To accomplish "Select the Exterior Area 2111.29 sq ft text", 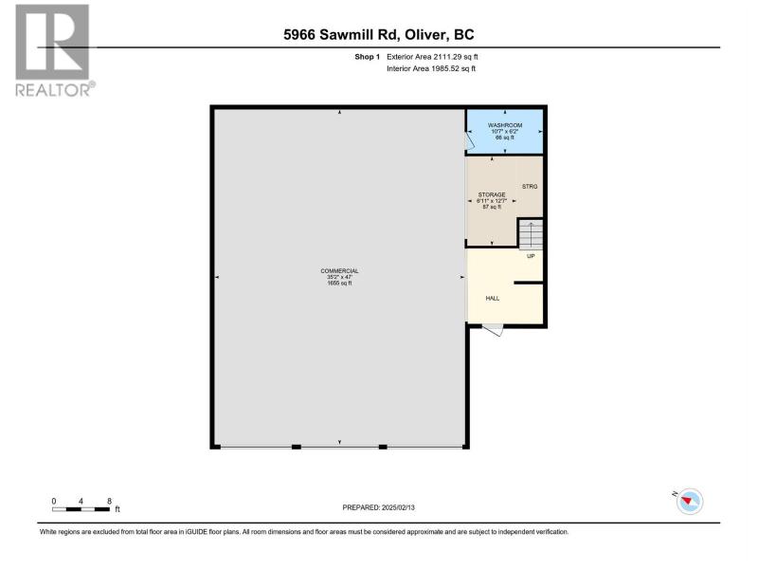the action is [432, 57].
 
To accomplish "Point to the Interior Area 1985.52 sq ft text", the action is [431, 68].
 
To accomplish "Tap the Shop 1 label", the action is [368, 57].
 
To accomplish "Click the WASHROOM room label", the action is [505, 125].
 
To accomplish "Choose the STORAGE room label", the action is [492, 194].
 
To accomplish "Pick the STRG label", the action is [530, 186].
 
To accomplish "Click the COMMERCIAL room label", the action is [339, 271].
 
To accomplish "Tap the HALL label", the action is [493, 299].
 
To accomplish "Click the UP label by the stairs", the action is [531, 256].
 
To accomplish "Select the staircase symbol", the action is [531, 234].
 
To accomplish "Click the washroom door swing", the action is [469, 141].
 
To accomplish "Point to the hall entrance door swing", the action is [493, 329].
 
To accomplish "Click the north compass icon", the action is [689, 502].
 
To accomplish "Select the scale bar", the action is [81, 509].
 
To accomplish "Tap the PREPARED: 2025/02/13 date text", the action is [378, 507].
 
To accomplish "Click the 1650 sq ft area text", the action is [339, 284].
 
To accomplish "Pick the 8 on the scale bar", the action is [109, 502].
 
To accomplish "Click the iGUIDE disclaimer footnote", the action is [304, 532].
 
